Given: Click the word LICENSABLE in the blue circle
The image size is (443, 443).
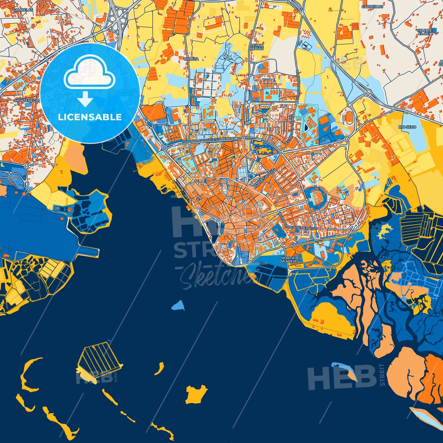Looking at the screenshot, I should tap(90, 117).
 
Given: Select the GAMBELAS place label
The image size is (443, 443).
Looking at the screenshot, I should tap(22, 10).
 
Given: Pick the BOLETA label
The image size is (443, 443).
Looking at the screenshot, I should tap(191, 59).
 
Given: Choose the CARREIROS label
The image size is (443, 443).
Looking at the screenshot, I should tap(372, 6).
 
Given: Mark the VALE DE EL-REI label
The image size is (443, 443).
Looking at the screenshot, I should tap(424, 32).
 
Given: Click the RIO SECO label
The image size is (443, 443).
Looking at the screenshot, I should tap(407, 127).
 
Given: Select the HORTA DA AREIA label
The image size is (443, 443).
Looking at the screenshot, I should tap(288, 260).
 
